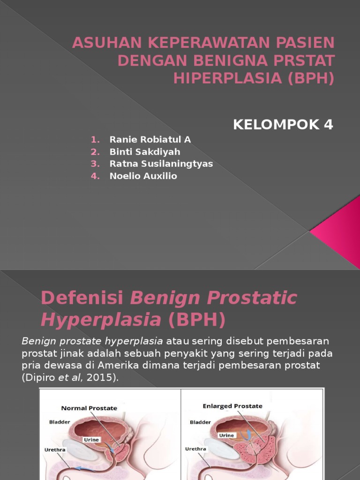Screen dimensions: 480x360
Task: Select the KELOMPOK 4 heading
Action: [283, 125]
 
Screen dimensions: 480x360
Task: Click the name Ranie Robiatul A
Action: [150, 140]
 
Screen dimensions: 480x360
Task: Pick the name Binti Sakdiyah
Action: [144, 152]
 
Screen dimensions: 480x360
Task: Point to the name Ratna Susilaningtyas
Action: [161, 164]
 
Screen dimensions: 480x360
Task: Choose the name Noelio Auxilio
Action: [143, 176]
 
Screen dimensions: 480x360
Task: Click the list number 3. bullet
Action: [96, 164]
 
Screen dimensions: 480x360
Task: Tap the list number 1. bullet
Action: [96, 140]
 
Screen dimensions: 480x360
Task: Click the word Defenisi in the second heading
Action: [82, 298]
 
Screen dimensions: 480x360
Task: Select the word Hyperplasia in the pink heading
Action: [99, 320]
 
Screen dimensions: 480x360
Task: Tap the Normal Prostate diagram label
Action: [89, 408]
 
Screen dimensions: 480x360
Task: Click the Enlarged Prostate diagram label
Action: [232, 406]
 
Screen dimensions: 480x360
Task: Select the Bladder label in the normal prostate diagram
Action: [60, 422]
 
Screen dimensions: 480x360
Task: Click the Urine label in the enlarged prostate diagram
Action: [226, 435]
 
